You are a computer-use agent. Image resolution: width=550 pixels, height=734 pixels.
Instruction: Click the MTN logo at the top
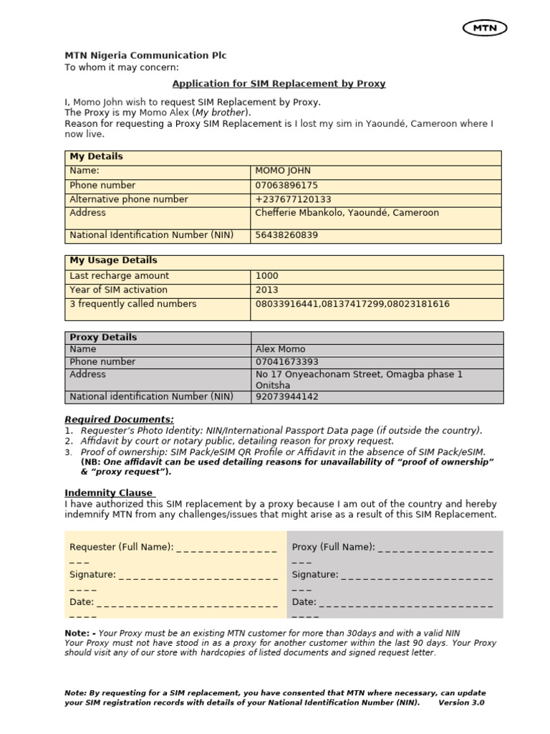[x=485, y=28]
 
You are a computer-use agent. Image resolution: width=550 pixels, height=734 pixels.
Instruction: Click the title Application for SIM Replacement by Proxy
[x=279, y=84]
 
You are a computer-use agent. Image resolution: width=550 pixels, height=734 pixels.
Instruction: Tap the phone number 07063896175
[x=286, y=185]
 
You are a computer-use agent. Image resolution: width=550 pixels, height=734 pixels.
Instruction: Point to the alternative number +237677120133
[x=293, y=199]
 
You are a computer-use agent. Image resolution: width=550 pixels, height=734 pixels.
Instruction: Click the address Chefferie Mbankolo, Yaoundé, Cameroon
[x=347, y=213]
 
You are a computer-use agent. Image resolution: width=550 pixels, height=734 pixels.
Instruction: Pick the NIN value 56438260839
[x=286, y=235]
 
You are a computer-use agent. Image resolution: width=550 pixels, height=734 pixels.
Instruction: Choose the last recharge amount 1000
[x=267, y=276]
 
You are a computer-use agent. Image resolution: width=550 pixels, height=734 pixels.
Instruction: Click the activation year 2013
[x=267, y=290]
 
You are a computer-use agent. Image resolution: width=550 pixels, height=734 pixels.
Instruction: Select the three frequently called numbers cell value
[x=352, y=304]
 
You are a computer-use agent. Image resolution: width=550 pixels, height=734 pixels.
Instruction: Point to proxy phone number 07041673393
[x=286, y=362]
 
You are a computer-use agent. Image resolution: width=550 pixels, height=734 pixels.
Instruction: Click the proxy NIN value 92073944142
[x=286, y=396]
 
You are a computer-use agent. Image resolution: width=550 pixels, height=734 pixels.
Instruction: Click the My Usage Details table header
[x=113, y=260]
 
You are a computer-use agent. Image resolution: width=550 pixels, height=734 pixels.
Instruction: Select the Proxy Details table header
[x=103, y=337]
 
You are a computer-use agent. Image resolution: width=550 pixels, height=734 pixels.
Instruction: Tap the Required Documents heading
[x=119, y=419]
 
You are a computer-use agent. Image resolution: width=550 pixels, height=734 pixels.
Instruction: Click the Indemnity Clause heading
[x=109, y=493]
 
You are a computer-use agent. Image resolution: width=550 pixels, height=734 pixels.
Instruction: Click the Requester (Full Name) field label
[x=121, y=548]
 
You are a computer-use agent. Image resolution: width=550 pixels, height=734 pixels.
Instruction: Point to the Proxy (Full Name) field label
[x=333, y=548]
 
